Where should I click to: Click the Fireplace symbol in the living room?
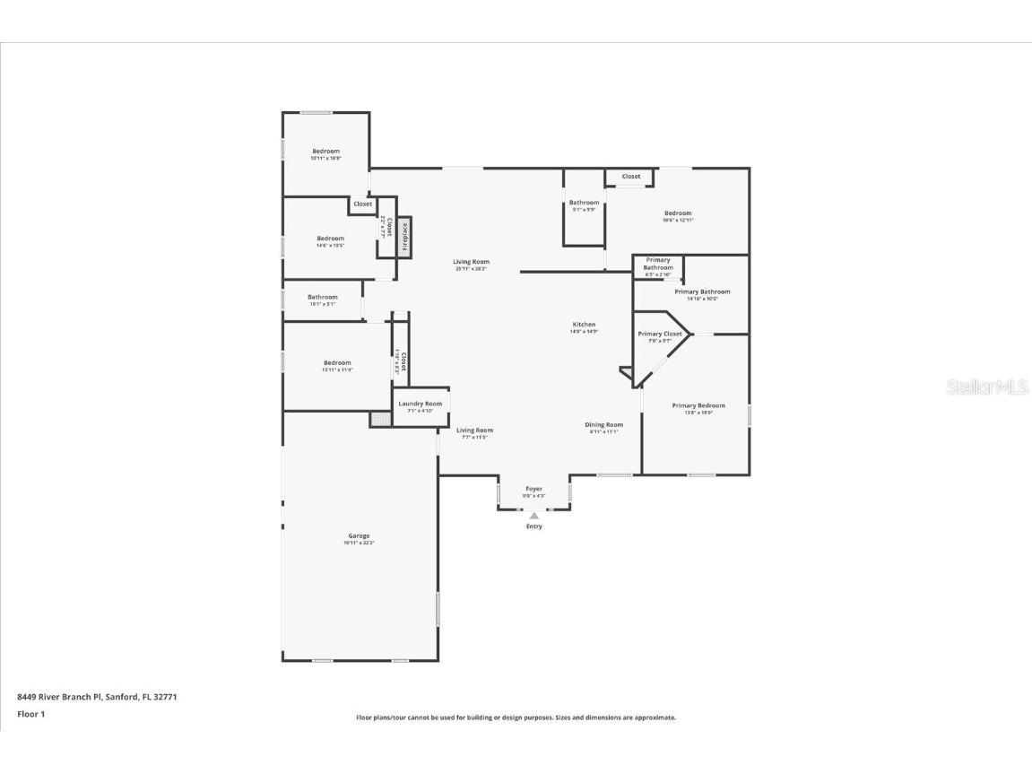[405, 238]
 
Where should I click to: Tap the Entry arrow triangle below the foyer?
[534, 516]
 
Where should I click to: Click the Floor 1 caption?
[30, 714]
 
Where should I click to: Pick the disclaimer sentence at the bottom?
[516, 717]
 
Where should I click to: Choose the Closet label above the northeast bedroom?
[631, 177]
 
